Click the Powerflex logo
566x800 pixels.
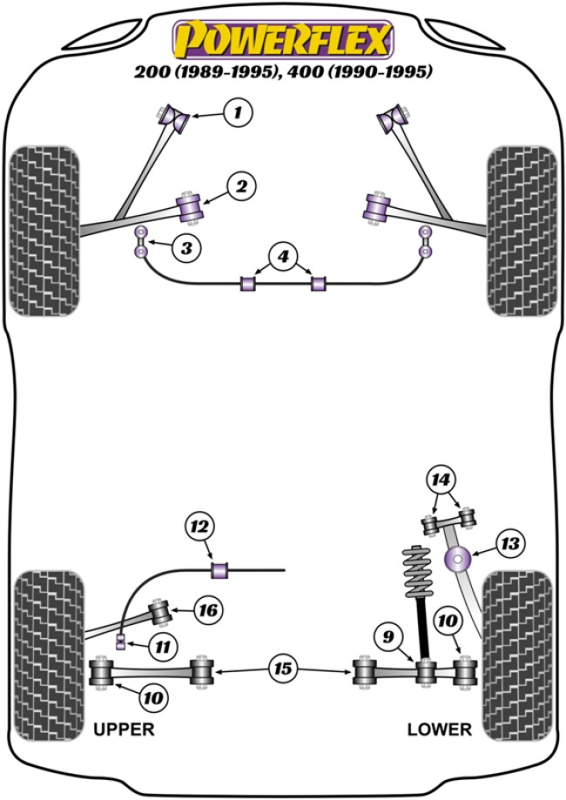pyautogui.click(x=283, y=40)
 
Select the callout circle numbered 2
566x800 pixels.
pyautogui.click(x=241, y=185)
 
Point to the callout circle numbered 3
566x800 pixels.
pyautogui.click(x=185, y=249)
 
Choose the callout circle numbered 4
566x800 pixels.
pyautogui.click(x=283, y=256)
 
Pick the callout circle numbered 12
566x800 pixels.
pyautogui.click(x=198, y=526)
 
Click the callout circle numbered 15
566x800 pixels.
pyautogui.click(x=283, y=669)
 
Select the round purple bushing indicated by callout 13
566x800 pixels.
pyautogui.click(x=456, y=558)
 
